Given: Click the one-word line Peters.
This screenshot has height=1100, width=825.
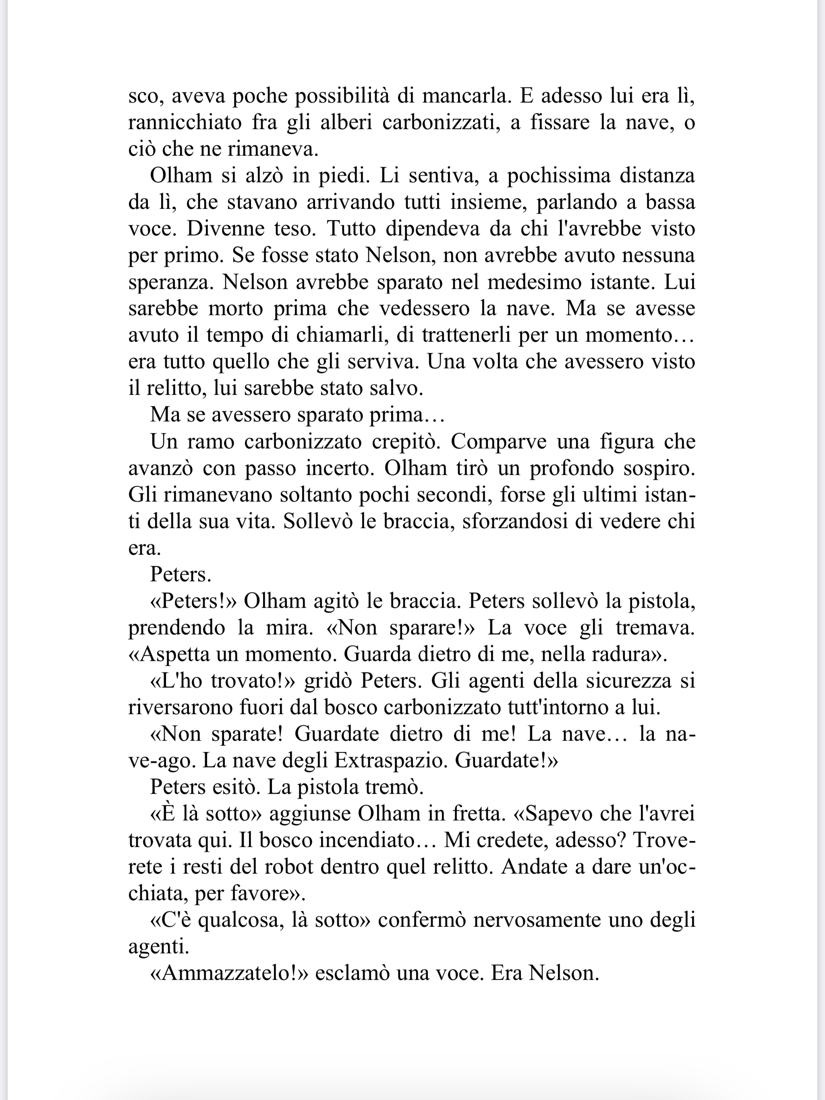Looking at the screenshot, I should [x=180, y=575].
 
